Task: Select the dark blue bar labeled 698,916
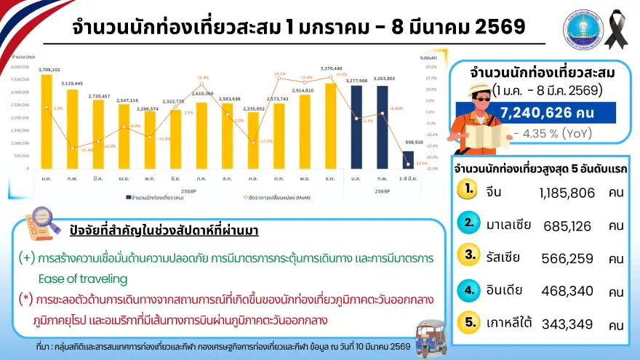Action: tap(409, 159)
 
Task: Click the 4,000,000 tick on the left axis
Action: tap(20, 66)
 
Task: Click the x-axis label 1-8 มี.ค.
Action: tap(409, 177)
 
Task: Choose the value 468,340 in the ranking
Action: tap(568, 292)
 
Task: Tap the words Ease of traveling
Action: tap(83, 279)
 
